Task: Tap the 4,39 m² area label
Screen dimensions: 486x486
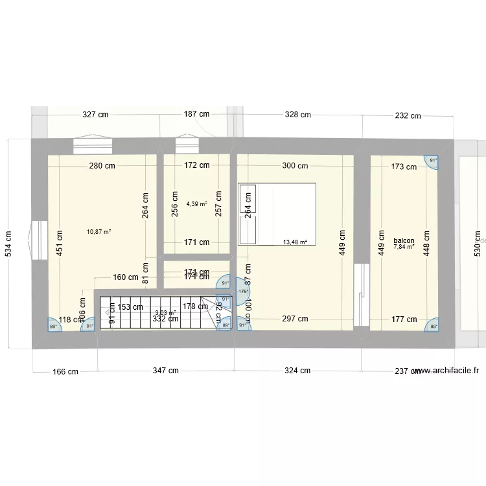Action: click(196, 203)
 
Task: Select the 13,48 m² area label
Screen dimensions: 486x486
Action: click(295, 242)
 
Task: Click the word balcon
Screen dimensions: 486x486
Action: click(404, 240)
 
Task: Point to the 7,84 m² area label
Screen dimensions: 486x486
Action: click(404, 246)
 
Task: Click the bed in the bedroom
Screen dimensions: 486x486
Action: click(277, 214)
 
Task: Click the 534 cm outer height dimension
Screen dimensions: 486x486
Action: click(8, 244)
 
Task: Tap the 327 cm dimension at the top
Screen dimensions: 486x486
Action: click(95, 115)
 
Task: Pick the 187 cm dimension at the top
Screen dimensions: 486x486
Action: click(196, 114)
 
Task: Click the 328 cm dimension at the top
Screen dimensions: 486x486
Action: click(297, 115)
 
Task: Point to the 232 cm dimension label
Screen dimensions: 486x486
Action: click(408, 116)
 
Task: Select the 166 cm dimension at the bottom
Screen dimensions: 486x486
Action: click(65, 372)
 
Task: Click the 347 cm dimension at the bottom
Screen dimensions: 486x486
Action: click(165, 371)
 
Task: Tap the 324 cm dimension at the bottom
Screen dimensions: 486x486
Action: click(297, 371)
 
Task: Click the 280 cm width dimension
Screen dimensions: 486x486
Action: click(102, 165)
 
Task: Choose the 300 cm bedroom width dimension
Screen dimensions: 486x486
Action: click(295, 165)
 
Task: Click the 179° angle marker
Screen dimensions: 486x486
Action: click(244, 291)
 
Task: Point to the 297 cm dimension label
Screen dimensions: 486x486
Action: click(295, 318)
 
